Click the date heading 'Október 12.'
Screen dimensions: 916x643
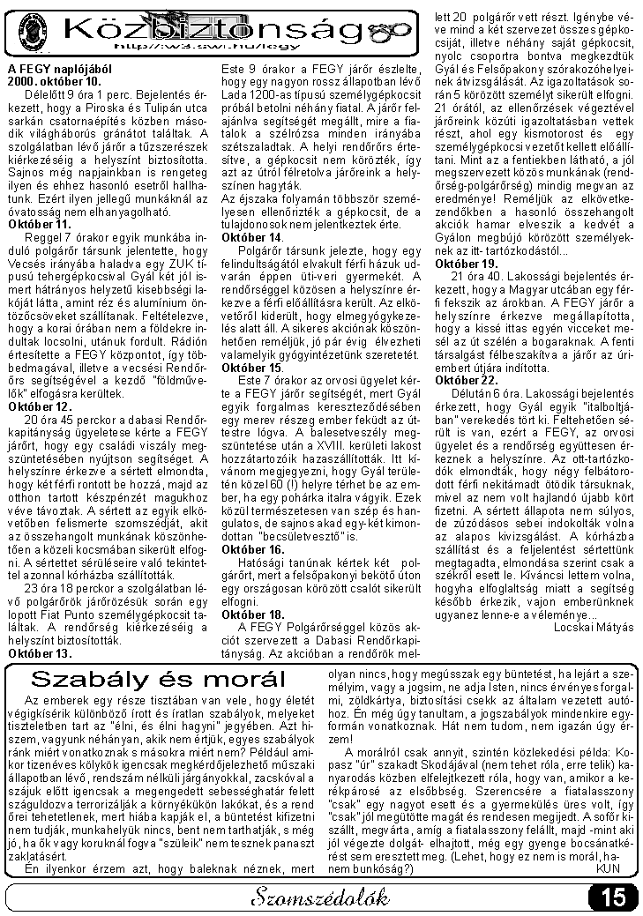pos(40,406)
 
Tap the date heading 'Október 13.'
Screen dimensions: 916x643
pos(40,653)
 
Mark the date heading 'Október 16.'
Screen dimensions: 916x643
pos(253,549)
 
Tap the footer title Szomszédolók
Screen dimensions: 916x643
pos(319,898)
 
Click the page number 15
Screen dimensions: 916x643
pos(612,897)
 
